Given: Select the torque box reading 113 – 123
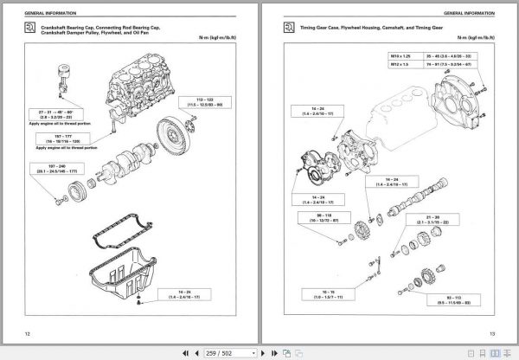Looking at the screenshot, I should point(208,103).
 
